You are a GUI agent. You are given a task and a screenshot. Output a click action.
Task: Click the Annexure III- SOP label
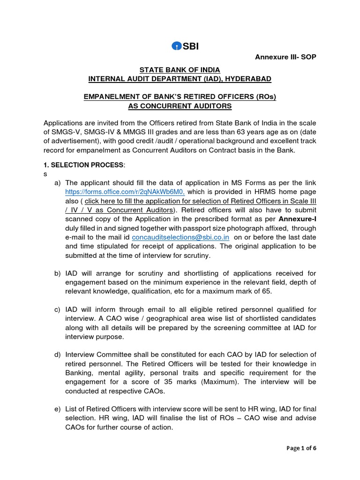click(x=285, y=57)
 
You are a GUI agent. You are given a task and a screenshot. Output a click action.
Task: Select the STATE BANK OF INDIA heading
click(x=180, y=69)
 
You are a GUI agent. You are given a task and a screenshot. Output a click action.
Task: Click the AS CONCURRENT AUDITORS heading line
click(x=180, y=106)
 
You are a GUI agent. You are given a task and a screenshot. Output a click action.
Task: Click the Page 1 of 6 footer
click(x=300, y=448)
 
